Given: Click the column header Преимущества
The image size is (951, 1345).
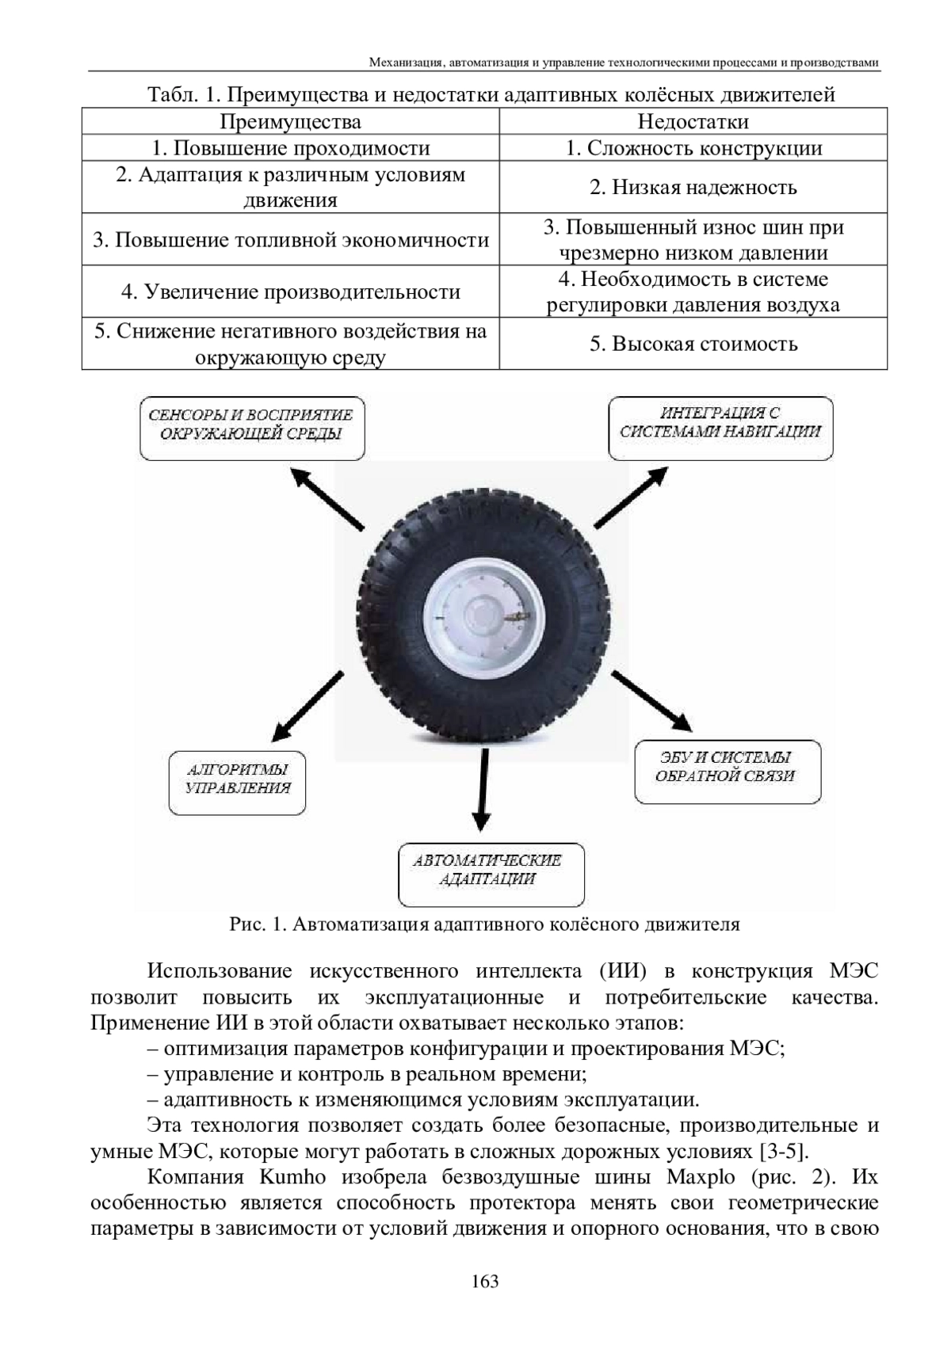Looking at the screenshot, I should click(x=289, y=122).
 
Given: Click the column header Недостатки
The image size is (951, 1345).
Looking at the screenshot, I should click(x=693, y=122).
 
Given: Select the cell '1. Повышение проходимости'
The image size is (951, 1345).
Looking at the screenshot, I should click(x=290, y=148).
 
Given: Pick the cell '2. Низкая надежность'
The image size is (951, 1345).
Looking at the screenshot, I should click(x=693, y=188).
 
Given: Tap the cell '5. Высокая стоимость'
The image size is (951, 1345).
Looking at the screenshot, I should click(x=693, y=344).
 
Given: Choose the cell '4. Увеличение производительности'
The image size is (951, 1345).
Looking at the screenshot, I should click(x=290, y=291).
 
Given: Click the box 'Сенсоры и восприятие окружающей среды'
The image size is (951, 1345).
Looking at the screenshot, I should click(x=252, y=428).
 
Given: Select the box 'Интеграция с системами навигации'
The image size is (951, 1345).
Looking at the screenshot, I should click(x=720, y=428).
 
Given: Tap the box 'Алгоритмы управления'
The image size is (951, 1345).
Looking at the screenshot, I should click(x=238, y=783).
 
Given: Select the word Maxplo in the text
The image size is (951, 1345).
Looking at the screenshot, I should click(x=701, y=1176).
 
